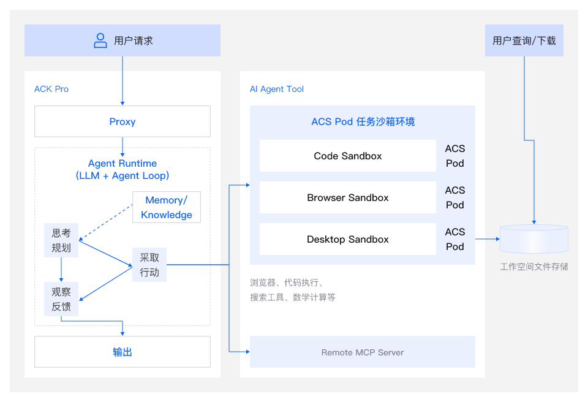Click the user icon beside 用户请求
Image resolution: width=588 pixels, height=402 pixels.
click(x=100, y=41)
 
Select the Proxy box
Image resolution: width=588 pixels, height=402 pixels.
click(x=123, y=121)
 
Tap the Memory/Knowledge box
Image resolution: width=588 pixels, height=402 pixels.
click(x=167, y=208)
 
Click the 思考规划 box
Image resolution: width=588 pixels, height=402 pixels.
click(x=61, y=241)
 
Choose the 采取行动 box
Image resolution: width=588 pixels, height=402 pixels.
click(x=149, y=265)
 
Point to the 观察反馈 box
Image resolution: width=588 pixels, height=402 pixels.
click(x=61, y=299)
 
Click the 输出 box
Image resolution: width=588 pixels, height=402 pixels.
click(x=123, y=352)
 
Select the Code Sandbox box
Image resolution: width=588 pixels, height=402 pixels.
click(x=347, y=156)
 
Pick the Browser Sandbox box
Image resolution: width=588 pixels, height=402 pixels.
click(x=347, y=198)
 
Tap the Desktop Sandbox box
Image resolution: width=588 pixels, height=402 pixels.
click(x=347, y=240)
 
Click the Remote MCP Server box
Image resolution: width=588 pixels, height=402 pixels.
click(x=363, y=352)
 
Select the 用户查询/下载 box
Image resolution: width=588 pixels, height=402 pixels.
click(x=524, y=41)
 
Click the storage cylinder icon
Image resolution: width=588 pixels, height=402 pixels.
click(x=534, y=239)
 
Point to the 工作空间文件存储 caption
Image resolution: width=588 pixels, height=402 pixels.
click(x=534, y=267)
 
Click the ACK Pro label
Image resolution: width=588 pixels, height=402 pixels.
click(x=51, y=89)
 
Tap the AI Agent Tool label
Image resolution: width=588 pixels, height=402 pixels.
click(x=277, y=89)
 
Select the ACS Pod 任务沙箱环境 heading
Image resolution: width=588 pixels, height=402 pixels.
click(x=363, y=122)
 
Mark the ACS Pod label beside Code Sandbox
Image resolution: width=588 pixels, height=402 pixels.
click(x=454, y=156)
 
